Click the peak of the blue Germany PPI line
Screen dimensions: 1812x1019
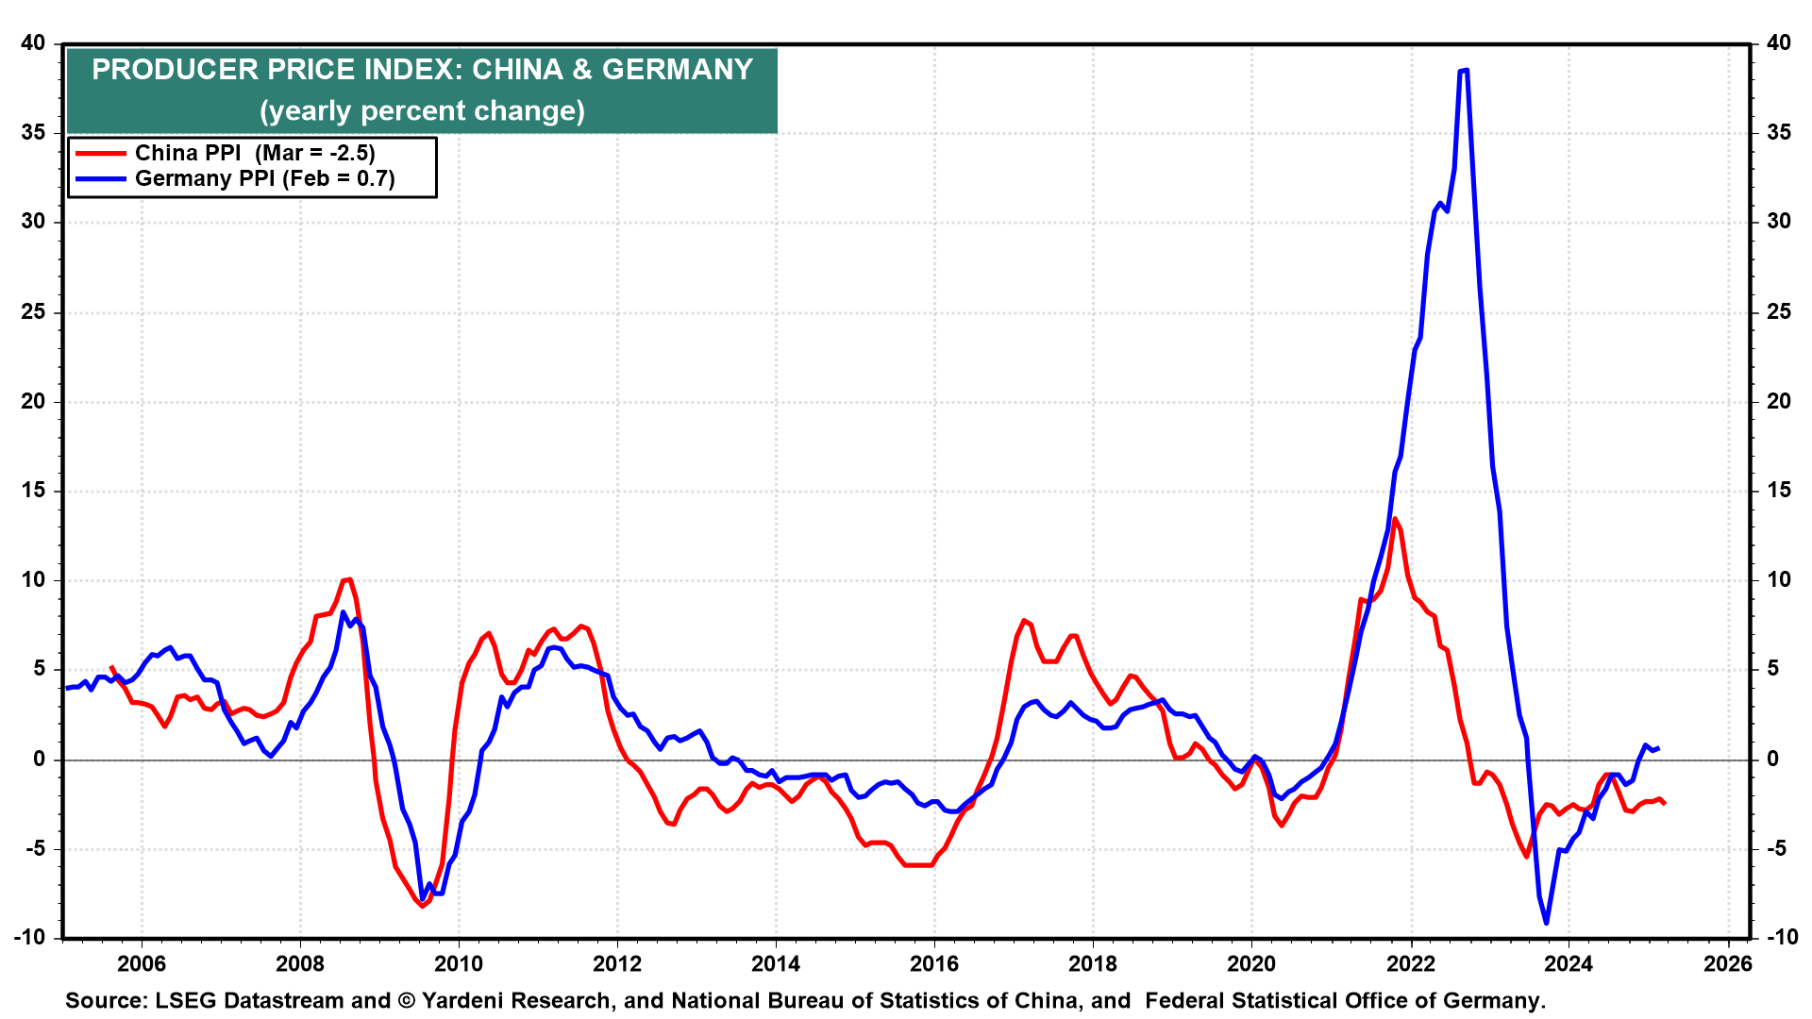pyautogui.click(x=1464, y=70)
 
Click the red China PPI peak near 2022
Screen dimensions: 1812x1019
pyautogui.click(x=1395, y=519)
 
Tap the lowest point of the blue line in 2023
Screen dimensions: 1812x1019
pyautogui.click(x=1546, y=922)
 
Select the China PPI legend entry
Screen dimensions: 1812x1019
pyautogui.click(x=226, y=153)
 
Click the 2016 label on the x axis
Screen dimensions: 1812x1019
pyautogui.click(x=933, y=963)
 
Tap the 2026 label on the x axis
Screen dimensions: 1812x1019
pyautogui.click(x=1727, y=963)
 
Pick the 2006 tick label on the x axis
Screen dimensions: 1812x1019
pyautogui.click(x=142, y=963)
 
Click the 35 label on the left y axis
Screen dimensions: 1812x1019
pyautogui.click(x=33, y=132)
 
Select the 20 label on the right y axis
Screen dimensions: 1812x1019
pyautogui.click(x=1779, y=401)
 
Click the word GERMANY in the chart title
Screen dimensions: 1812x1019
pyautogui.click(x=678, y=70)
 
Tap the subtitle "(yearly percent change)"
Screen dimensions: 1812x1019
pyautogui.click(x=423, y=110)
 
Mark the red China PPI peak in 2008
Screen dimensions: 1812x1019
pyautogui.click(x=348, y=579)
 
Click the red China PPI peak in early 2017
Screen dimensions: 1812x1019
pyautogui.click(x=1024, y=621)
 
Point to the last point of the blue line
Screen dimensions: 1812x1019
pyautogui.click(x=1658, y=748)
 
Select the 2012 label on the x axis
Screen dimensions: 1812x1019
pyautogui.click(x=616, y=963)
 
